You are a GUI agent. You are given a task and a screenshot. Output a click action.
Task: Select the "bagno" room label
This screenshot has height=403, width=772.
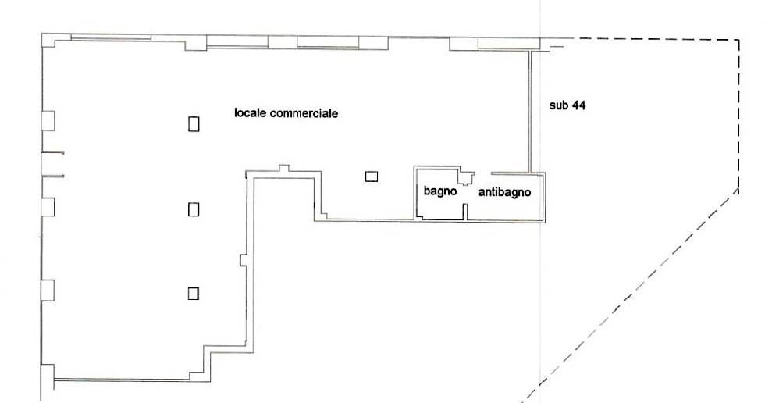pyautogui.click(x=440, y=191)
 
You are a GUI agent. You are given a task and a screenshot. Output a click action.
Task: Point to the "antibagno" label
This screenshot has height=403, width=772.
pyautogui.click(x=505, y=192)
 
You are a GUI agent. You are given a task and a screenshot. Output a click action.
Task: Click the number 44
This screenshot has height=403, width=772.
pyautogui.click(x=578, y=105)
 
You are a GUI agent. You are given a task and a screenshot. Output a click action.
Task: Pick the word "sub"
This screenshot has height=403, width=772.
pyautogui.click(x=559, y=105)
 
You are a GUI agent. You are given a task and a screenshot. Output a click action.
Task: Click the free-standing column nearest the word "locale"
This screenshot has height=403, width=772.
pyautogui.click(x=194, y=123)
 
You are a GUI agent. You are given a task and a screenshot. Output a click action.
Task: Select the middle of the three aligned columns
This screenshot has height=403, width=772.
pyautogui.click(x=194, y=209)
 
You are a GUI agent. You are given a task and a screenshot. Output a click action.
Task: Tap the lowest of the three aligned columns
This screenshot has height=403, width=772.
pyautogui.click(x=194, y=293)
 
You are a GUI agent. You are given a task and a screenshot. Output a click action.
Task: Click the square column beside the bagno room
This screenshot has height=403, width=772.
pyautogui.click(x=372, y=176)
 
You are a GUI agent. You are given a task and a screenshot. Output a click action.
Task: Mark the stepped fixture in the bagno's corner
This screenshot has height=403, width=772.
pyautogui.click(x=466, y=177)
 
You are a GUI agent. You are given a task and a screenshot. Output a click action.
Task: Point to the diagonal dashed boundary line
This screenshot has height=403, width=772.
pyautogui.click(x=630, y=295)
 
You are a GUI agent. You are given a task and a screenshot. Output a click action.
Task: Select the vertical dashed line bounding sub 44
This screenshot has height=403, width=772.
pyautogui.click(x=738, y=114)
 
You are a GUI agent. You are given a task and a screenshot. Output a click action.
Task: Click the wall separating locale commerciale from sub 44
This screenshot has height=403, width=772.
pyautogui.click(x=531, y=112)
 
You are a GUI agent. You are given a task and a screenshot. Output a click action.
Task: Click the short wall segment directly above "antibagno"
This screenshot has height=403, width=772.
pyautogui.click(x=510, y=173)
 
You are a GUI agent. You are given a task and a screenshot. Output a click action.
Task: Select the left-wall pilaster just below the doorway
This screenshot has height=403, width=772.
pyautogui.click(x=48, y=206)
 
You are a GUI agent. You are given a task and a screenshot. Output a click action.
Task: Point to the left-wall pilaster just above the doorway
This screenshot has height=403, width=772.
pyautogui.click(x=48, y=121)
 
